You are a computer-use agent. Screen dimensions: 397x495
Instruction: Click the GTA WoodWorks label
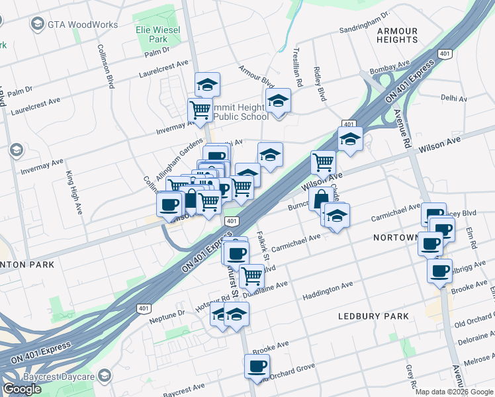(x=82, y=25)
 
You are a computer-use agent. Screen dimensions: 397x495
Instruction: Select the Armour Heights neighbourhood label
(x=397, y=36)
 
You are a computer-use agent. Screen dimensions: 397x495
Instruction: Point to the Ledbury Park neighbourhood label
(x=374, y=316)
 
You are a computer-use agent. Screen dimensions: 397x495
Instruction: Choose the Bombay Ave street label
(x=410, y=69)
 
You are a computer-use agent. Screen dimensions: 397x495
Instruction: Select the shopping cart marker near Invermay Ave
(x=200, y=109)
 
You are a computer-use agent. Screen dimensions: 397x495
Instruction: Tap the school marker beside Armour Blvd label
(x=278, y=101)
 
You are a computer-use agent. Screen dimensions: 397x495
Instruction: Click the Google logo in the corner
(x=22, y=389)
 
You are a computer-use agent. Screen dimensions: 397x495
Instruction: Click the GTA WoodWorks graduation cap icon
(x=37, y=25)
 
